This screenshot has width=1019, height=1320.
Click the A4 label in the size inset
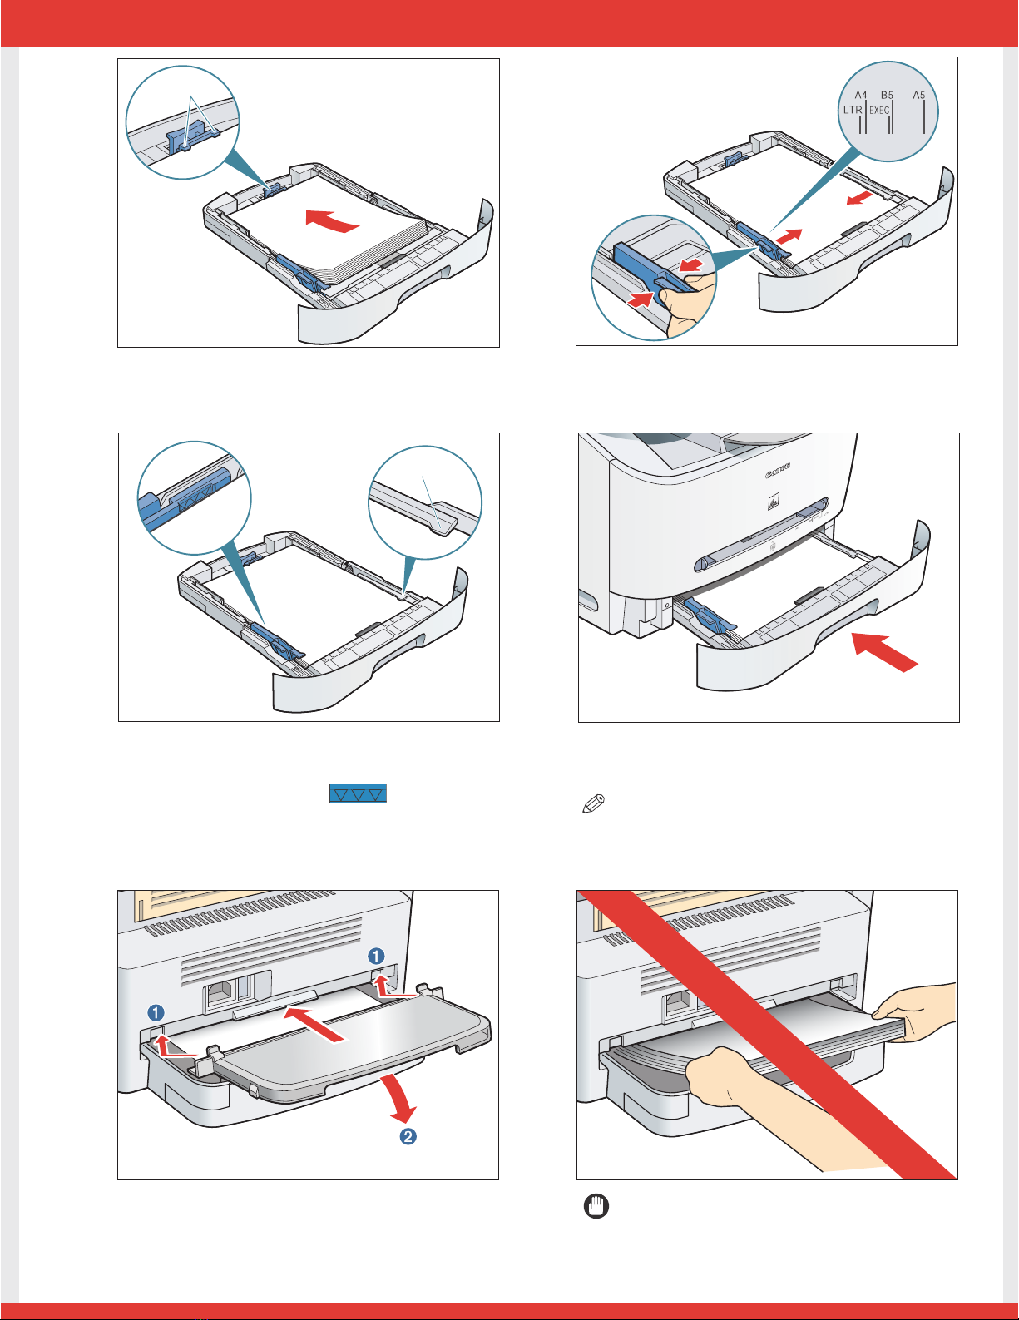point(861,96)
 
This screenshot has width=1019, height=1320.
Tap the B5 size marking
point(887,96)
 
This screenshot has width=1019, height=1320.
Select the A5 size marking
point(918,96)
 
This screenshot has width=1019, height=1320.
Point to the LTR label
point(853,110)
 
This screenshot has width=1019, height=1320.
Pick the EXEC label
point(879,110)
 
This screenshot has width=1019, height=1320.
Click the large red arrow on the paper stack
point(333,220)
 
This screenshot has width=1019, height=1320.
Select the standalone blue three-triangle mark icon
point(358,793)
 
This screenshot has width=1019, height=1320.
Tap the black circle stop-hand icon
point(597,1206)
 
